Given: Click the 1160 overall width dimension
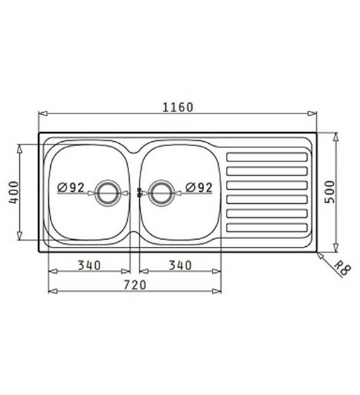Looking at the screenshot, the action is coord(178,107).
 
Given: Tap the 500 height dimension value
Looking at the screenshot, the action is coord(329,192).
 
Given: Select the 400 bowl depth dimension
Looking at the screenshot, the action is coord(13,193).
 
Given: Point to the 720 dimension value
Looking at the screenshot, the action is coord(135,285).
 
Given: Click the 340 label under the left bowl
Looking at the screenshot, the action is coord(89,265).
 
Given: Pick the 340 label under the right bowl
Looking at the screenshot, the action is coord(180,265).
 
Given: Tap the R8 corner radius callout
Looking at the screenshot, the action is coord(342,268).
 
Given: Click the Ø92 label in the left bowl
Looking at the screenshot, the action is coord(71,188).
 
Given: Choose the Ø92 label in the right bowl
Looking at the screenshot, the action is coord(199,188).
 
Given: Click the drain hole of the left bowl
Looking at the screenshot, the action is coord(107,193).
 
